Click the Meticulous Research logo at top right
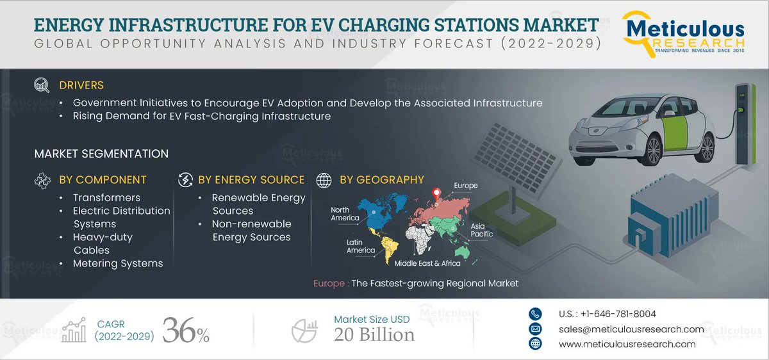click(x=685, y=33)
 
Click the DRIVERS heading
click(x=81, y=85)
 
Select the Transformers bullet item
click(x=106, y=198)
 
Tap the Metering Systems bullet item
click(x=118, y=263)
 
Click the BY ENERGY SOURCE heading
click(x=251, y=180)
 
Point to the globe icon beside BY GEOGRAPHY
click(x=324, y=180)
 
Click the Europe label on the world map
click(x=466, y=186)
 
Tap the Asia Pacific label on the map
click(x=482, y=230)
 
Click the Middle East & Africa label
click(x=427, y=263)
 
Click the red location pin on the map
click(x=436, y=193)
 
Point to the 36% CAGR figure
click(x=186, y=330)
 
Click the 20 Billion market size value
click(x=374, y=334)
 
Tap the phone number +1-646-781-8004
click(x=607, y=314)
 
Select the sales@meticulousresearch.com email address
click(x=631, y=329)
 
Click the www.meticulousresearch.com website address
click(x=627, y=344)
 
